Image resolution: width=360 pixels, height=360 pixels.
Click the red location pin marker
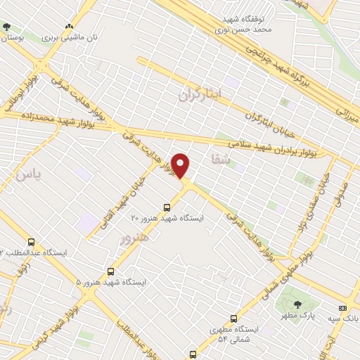(x=181, y=165)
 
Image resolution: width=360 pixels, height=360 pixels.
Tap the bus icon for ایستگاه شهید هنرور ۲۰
(x=167, y=207)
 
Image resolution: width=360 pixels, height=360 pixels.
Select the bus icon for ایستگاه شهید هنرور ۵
(x=110, y=271)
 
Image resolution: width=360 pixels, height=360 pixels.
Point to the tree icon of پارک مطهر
(x=297, y=305)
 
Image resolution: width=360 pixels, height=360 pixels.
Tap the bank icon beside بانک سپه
(x=342, y=308)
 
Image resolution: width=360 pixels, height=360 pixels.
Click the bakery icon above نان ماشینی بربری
(x=69, y=26)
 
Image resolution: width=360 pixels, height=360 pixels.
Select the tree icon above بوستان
(x=7, y=26)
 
